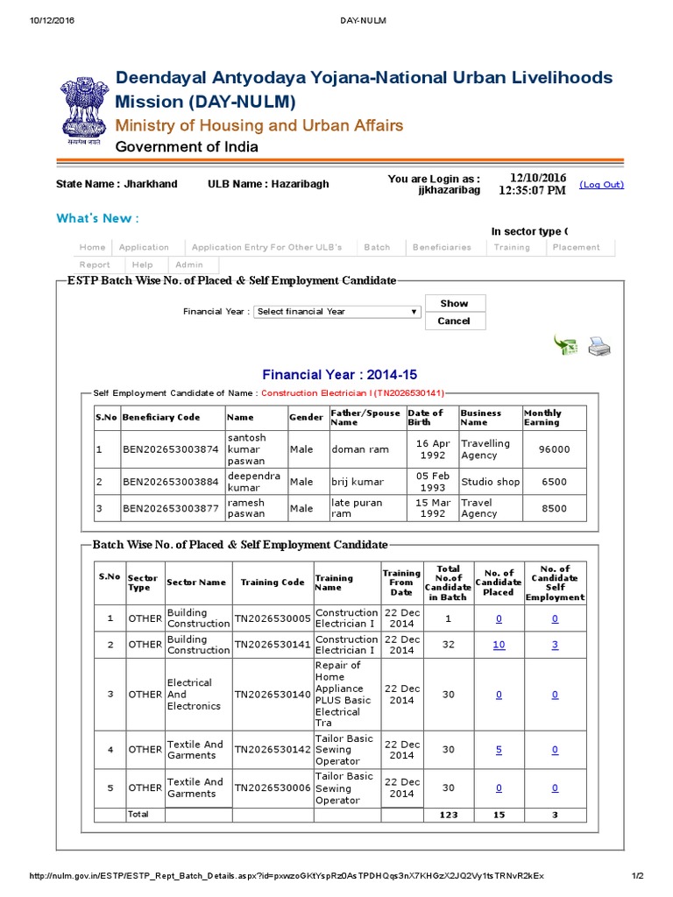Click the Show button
[454, 303]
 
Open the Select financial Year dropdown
[337, 312]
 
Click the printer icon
[599, 347]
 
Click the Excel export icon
[564, 346]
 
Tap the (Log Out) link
[601, 185]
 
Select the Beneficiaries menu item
[442, 247]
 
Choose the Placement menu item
[576, 247]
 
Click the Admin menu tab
[188, 265]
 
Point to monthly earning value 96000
[554, 449]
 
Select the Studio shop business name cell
[490, 482]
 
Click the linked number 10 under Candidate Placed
[499, 645]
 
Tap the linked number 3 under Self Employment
[555, 645]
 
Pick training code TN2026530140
[272, 695]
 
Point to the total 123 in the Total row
[448, 815]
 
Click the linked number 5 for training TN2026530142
[499, 750]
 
